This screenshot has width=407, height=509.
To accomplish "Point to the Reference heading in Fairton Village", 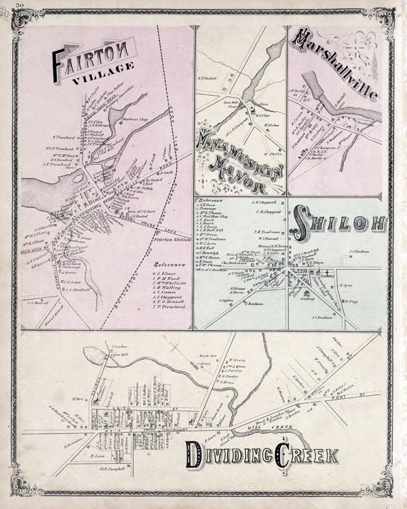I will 168,265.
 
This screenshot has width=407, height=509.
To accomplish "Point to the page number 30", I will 22,5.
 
